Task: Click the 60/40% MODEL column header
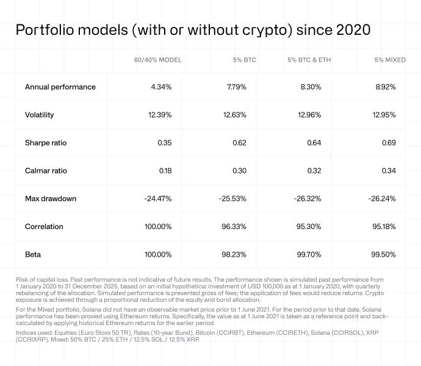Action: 157,60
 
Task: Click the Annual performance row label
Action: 60,87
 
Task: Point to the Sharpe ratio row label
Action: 46,143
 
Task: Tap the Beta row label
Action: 33,254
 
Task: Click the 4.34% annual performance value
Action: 161,87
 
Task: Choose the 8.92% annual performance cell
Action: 386,87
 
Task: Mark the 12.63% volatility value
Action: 236,115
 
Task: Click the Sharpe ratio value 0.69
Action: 389,143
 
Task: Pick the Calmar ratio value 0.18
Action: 165,171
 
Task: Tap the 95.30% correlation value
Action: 310,227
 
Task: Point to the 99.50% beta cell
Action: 385,254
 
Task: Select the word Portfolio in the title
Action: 46,30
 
